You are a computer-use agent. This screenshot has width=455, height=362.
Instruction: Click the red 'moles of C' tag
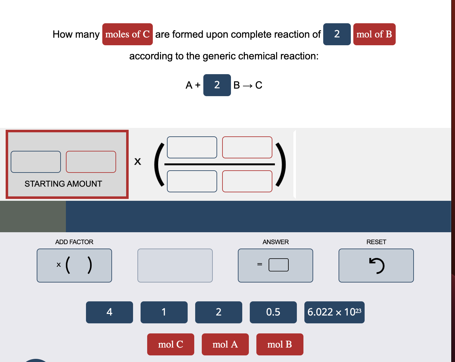pos(127,34)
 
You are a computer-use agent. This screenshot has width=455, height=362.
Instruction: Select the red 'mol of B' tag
pos(374,34)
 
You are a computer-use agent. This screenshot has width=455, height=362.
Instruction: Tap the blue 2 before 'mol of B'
pos(337,34)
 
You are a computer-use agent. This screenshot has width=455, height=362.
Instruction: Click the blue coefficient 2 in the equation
pos(217,85)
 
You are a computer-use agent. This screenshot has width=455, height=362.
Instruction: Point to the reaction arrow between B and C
pos(248,86)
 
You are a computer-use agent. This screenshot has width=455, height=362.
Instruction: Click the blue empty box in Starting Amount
pos(36,162)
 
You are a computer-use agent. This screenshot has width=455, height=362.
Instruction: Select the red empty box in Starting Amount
pos(91,162)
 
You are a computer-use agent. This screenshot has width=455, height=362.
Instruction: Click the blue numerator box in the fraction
pos(192,147)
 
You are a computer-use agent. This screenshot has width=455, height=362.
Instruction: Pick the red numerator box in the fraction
pos(247,147)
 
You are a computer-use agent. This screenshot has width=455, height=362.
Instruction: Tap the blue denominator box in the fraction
pos(192,181)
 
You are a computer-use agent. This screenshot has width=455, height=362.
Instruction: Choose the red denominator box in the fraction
pos(247,181)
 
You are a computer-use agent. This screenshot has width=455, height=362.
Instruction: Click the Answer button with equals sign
pos(275,266)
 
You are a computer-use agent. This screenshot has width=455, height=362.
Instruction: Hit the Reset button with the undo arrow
pos(376,266)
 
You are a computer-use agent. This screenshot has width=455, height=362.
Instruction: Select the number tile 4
pos(110,312)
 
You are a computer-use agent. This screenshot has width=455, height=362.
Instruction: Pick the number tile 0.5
pos(273,312)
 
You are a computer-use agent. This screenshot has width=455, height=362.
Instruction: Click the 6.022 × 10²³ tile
pos(334,312)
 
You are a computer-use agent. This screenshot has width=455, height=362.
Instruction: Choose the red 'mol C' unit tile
pos(170,344)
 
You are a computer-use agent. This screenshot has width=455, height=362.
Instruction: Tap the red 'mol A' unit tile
pos(225,344)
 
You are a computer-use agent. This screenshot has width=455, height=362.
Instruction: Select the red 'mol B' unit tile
pos(280,344)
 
